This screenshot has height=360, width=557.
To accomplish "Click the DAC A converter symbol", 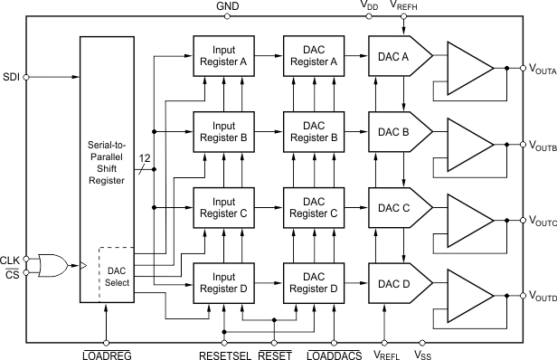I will [x=396, y=56].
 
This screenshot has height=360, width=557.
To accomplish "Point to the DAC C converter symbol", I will [x=396, y=208].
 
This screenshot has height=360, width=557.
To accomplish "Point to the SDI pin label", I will [x=12, y=77].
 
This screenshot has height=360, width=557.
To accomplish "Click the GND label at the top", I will [x=228, y=7].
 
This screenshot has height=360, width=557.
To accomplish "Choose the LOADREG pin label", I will [x=107, y=354].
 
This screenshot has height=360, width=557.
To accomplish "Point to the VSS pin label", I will [x=422, y=354].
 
